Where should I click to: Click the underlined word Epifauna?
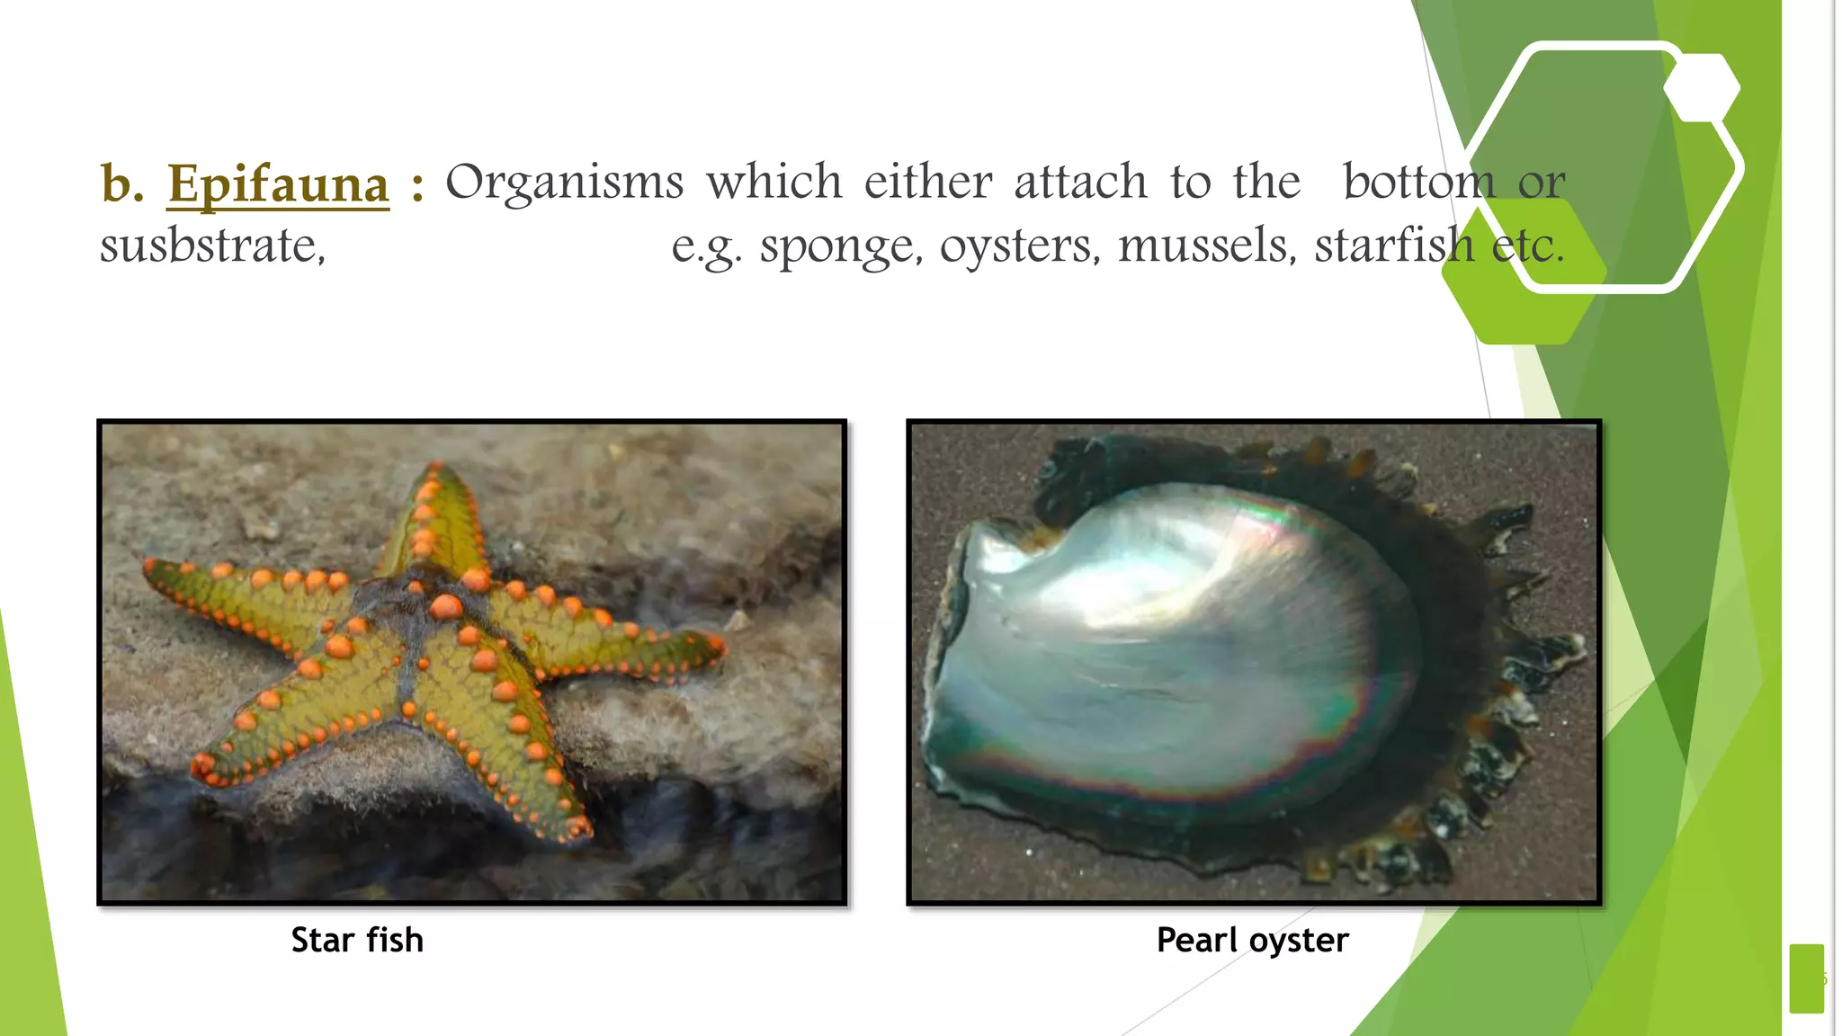tap(278, 184)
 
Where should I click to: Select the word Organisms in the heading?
tap(564, 183)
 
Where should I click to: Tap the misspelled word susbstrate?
tap(212, 246)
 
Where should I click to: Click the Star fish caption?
tap(357, 940)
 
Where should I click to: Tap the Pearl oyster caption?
tap(1252, 940)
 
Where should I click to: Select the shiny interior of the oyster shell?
tap(1169, 647)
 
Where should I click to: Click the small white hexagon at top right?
tap(1702, 87)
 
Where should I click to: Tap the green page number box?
tap(1806, 978)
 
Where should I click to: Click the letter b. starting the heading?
tap(121, 184)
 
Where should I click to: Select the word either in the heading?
tap(928, 183)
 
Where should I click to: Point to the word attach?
tap(1081, 183)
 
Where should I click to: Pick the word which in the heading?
tap(773, 183)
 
